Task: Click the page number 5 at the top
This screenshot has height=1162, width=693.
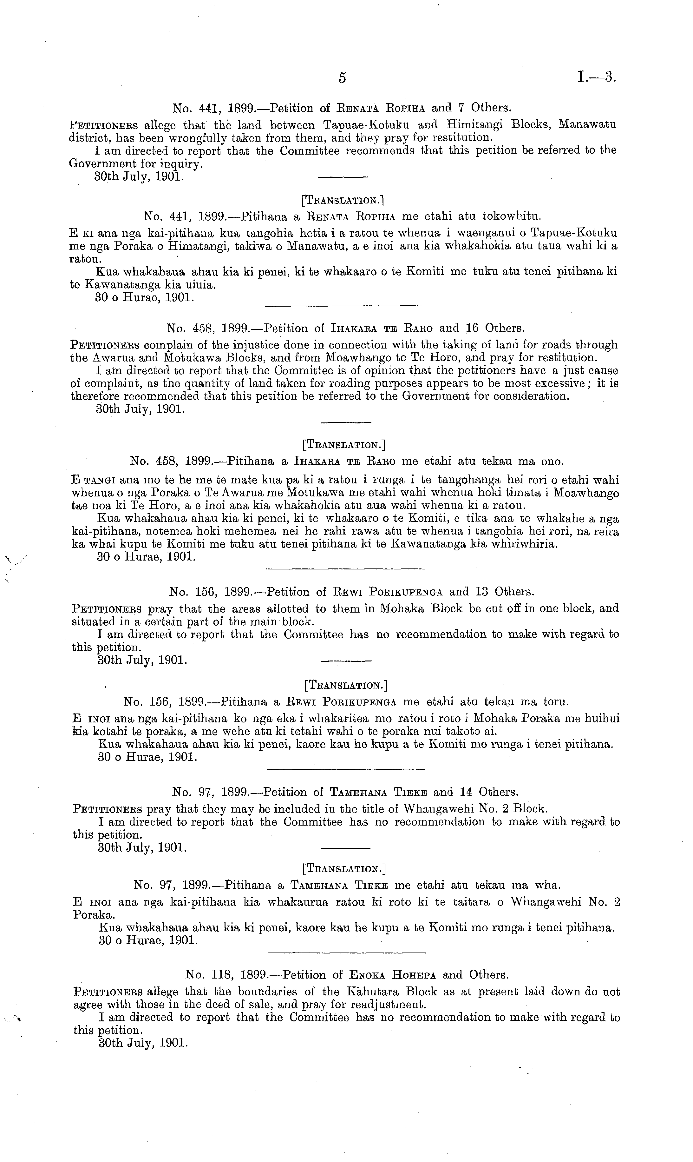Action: tap(342, 78)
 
